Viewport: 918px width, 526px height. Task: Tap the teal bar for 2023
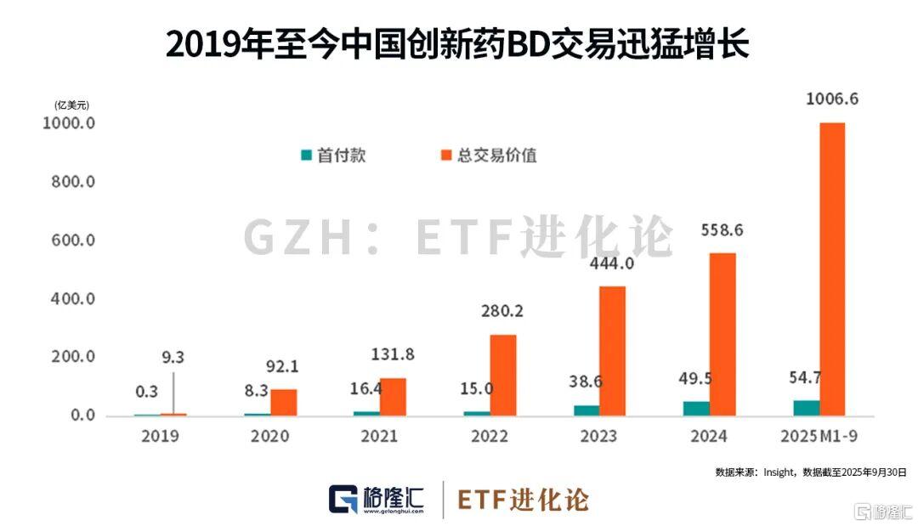(x=586, y=410)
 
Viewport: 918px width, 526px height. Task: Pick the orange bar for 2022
(x=502, y=375)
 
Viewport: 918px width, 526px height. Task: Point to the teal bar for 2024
(x=695, y=408)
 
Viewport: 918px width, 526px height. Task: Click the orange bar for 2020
(x=284, y=403)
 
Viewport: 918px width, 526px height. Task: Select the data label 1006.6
(x=832, y=99)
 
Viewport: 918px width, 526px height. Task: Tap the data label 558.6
(x=722, y=229)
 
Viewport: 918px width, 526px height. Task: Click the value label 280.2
(x=503, y=311)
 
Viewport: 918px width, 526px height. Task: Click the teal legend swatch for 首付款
(x=306, y=156)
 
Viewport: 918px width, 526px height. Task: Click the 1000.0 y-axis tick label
(x=65, y=124)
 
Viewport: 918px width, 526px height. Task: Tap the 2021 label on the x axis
(x=380, y=437)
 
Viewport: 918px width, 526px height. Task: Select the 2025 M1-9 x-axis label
(x=819, y=437)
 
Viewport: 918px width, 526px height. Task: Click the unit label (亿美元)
(x=71, y=105)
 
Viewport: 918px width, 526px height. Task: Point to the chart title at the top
(x=458, y=44)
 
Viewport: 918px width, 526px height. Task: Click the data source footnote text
(x=811, y=471)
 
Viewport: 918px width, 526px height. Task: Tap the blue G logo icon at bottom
(x=343, y=499)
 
